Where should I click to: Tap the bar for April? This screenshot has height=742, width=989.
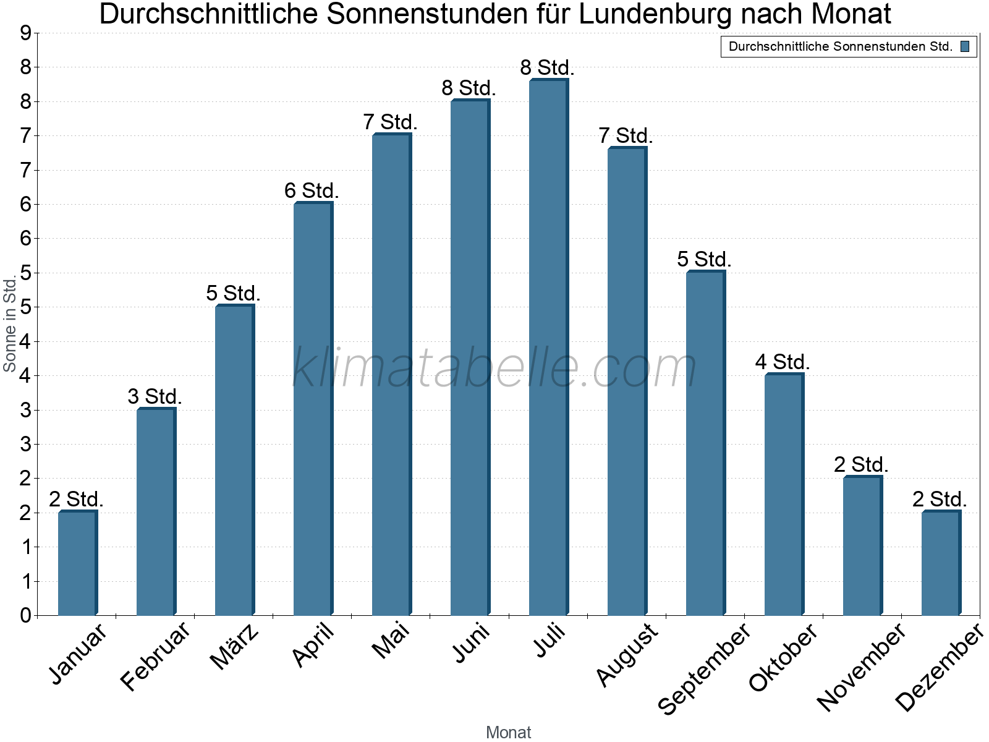pyautogui.click(x=313, y=409)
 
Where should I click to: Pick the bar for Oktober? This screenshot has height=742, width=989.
pyautogui.click(x=784, y=495)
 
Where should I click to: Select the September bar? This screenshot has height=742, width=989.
pyautogui.click(x=705, y=443)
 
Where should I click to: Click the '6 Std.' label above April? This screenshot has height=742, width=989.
pyautogui.click(x=312, y=190)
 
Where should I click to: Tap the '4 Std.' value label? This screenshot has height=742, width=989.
pyautogui.click(x=782, y=362)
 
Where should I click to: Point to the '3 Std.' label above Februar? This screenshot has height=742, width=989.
pyautogui.click(x=155, y=396)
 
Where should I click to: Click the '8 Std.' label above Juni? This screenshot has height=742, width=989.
pyautogui.click(x=469, y=88)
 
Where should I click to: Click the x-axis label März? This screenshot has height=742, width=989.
pyautogui.click(x=234, y=647)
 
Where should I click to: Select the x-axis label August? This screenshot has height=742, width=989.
pyautogui.click(x=627, y=654)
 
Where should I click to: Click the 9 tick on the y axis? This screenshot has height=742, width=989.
pyautogui.click(x=25, y=33)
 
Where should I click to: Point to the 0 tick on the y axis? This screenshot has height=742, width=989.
pyautogui.click(x=25, y=615)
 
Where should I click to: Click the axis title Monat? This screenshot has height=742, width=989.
pyautogui.click(x=508, y=732)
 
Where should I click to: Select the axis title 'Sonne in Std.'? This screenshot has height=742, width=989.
pyautogui.click(x=10, y=324)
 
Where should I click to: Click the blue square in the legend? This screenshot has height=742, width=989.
pyautogui.click(x=965, y=46)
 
